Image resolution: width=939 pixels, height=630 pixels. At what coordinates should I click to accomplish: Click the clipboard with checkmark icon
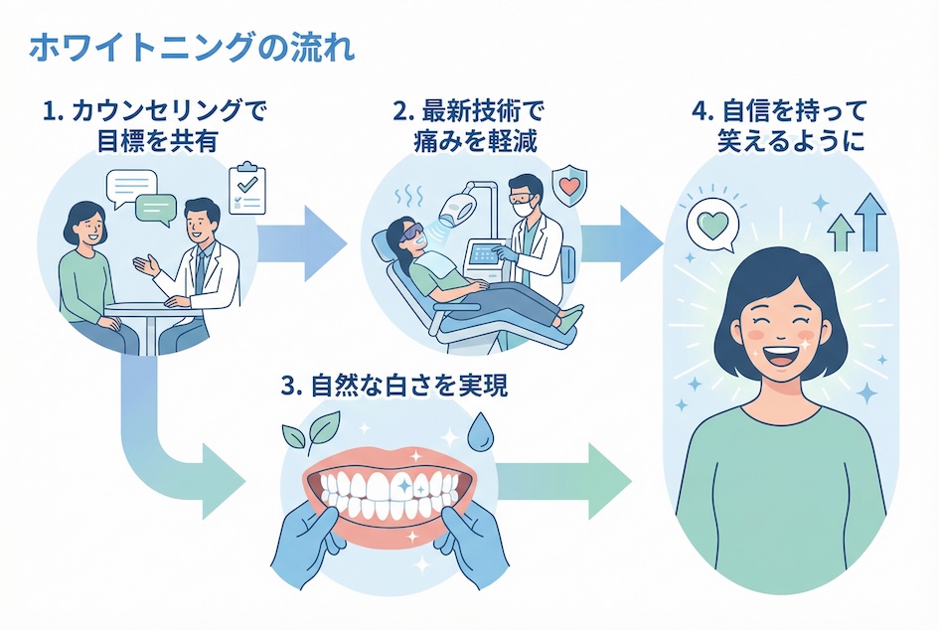247,189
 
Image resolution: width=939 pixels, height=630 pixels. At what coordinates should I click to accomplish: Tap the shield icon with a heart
567,186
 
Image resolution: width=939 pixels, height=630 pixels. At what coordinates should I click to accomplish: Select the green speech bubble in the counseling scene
157,209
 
